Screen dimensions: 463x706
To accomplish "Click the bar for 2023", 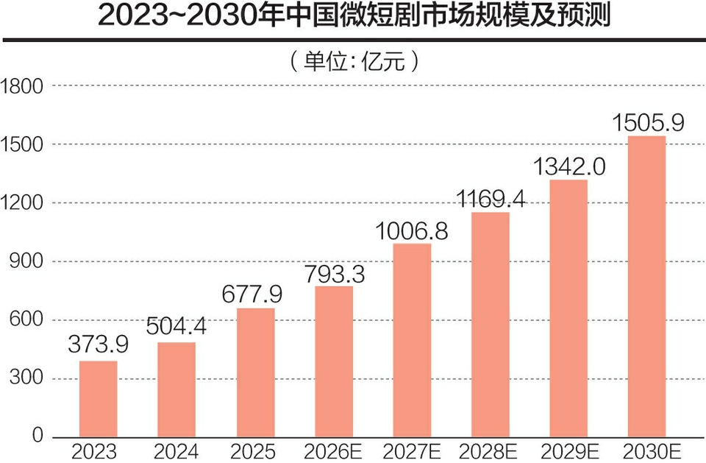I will pos(98,400).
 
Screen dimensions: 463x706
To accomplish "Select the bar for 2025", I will pos(255,373).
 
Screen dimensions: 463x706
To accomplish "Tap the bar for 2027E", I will pos(412,341).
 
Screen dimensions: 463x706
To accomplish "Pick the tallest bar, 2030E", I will pos(646,287).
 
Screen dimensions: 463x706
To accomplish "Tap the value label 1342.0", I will pos(569,166).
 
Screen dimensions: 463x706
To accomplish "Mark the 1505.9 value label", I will pos(648,121).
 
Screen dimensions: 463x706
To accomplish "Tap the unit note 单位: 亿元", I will pos(354,61).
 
